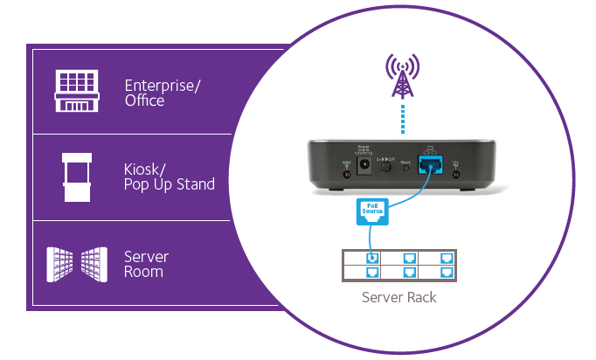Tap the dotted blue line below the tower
402,117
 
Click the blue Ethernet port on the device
430,164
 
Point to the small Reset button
405,165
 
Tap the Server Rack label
399,297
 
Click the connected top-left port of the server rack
372,258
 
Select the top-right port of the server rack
447,258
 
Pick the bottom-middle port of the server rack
410,272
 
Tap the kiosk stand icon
77,176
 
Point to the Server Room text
146,264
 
